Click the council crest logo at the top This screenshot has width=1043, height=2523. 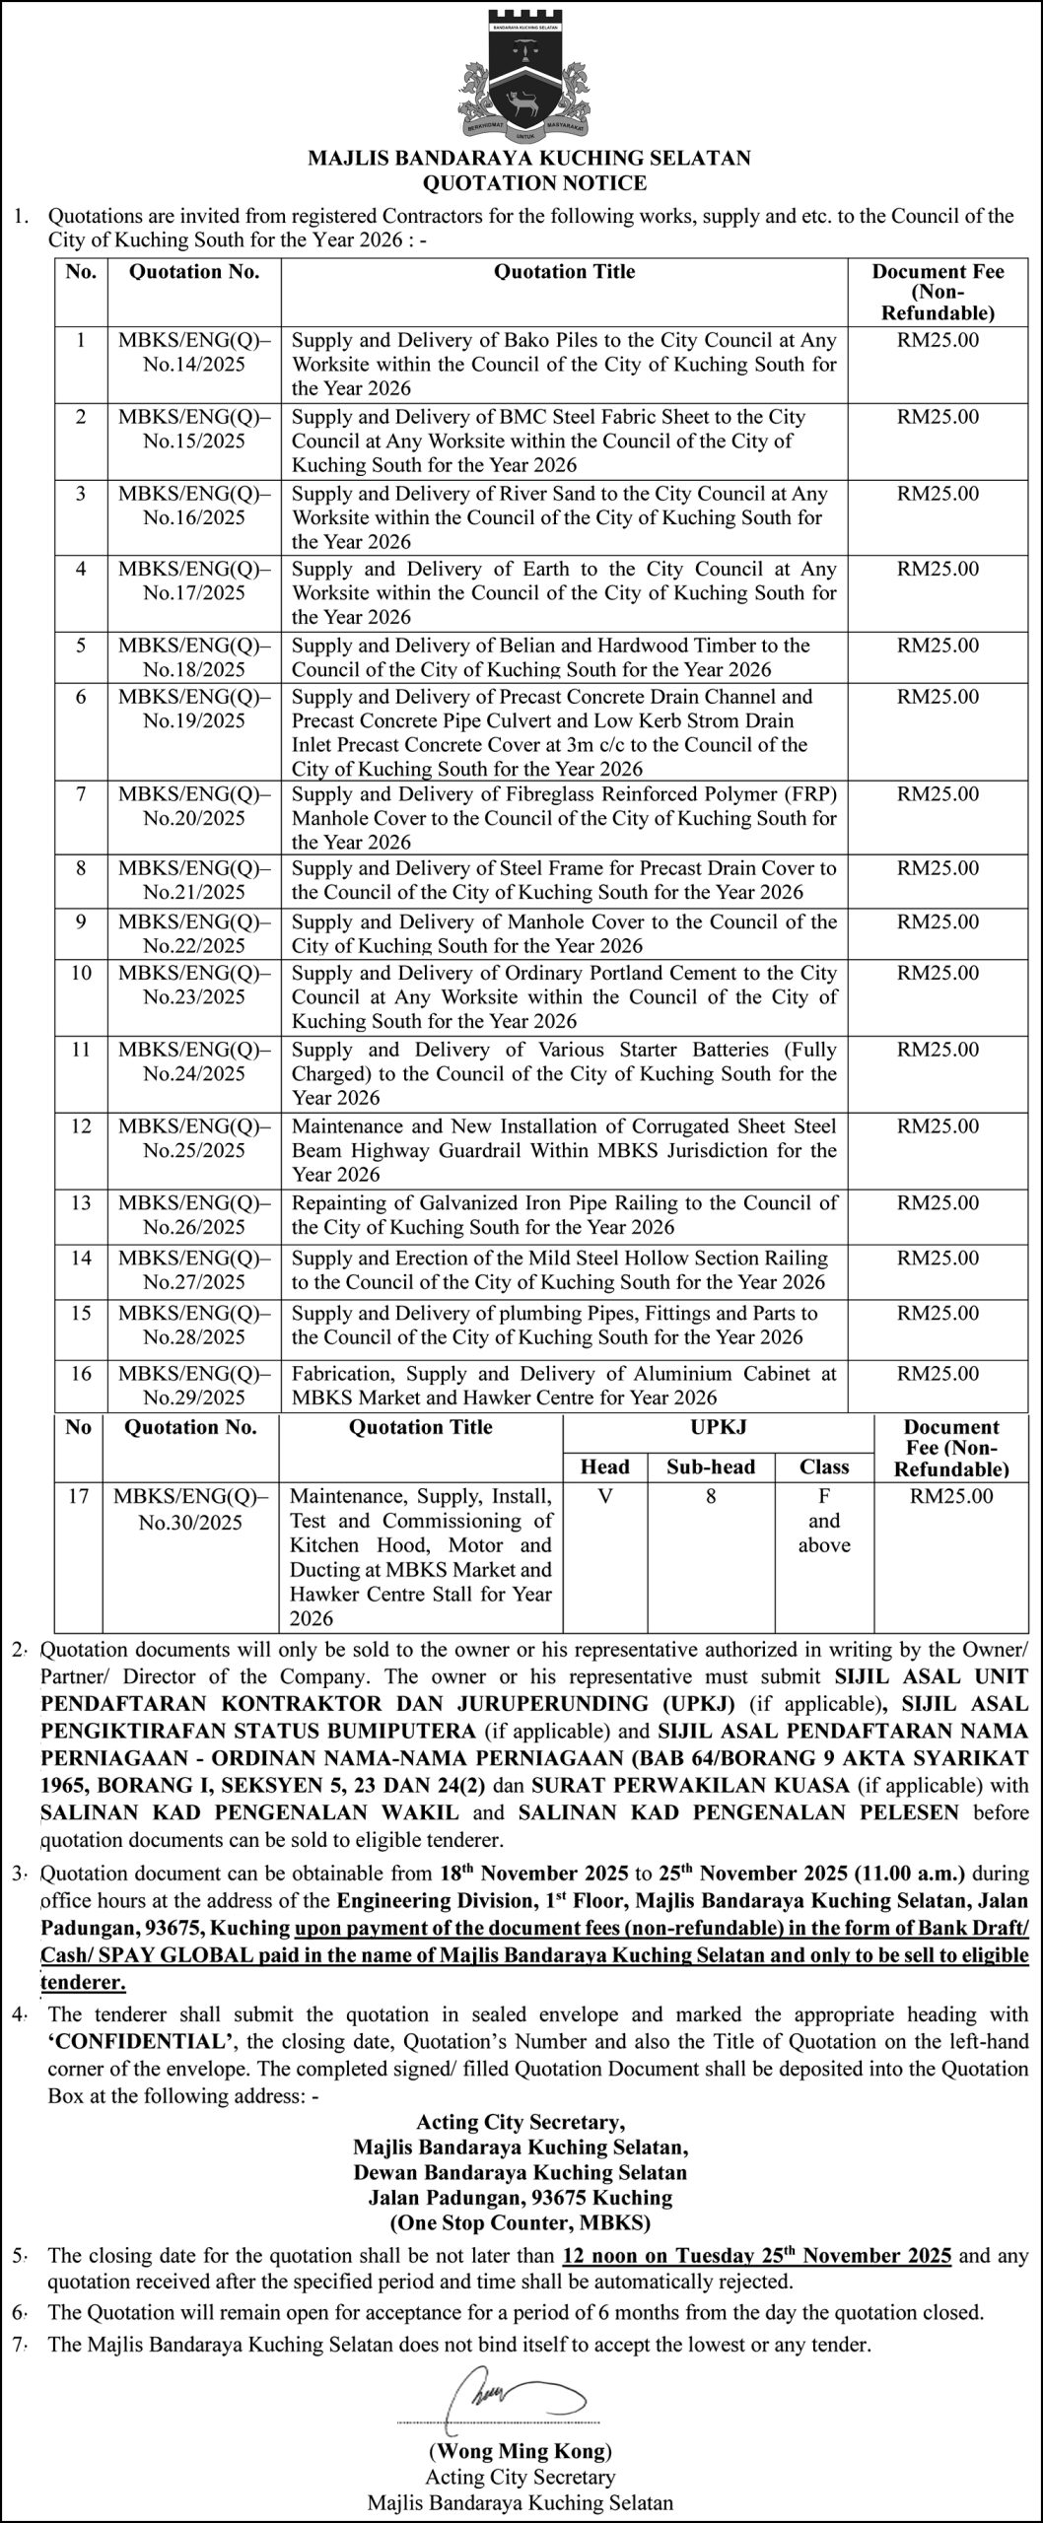click(x=521, y=75)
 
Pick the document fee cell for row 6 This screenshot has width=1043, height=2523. click(x=938, y=697)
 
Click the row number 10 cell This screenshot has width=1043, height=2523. click(x=81, y=973)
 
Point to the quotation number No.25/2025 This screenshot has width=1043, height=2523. click(x=193, y=1150)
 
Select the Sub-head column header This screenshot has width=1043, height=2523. click(x=710, y=1466)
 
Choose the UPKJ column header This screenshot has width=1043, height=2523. click(x=718, y=1427)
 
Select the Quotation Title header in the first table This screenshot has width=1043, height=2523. click(x=564, y=272)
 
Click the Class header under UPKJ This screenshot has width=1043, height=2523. click(x=824, y=1466)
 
